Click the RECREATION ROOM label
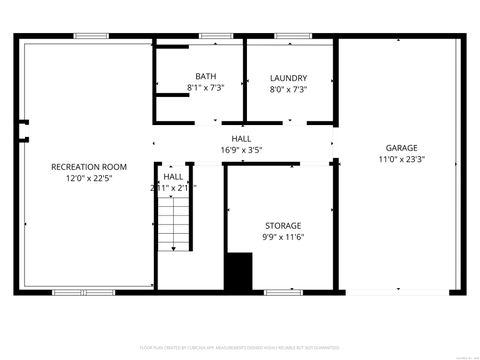89,167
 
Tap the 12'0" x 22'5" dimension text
89,179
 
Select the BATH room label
206,77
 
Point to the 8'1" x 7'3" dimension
206,89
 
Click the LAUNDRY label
288,77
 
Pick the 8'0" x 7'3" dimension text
288,89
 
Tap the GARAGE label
402,147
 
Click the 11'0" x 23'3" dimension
402,159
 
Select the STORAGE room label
282,225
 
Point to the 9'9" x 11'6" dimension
282,237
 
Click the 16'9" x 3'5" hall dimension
241,150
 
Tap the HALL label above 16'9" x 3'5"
241,139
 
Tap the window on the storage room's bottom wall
279,292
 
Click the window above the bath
211,37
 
